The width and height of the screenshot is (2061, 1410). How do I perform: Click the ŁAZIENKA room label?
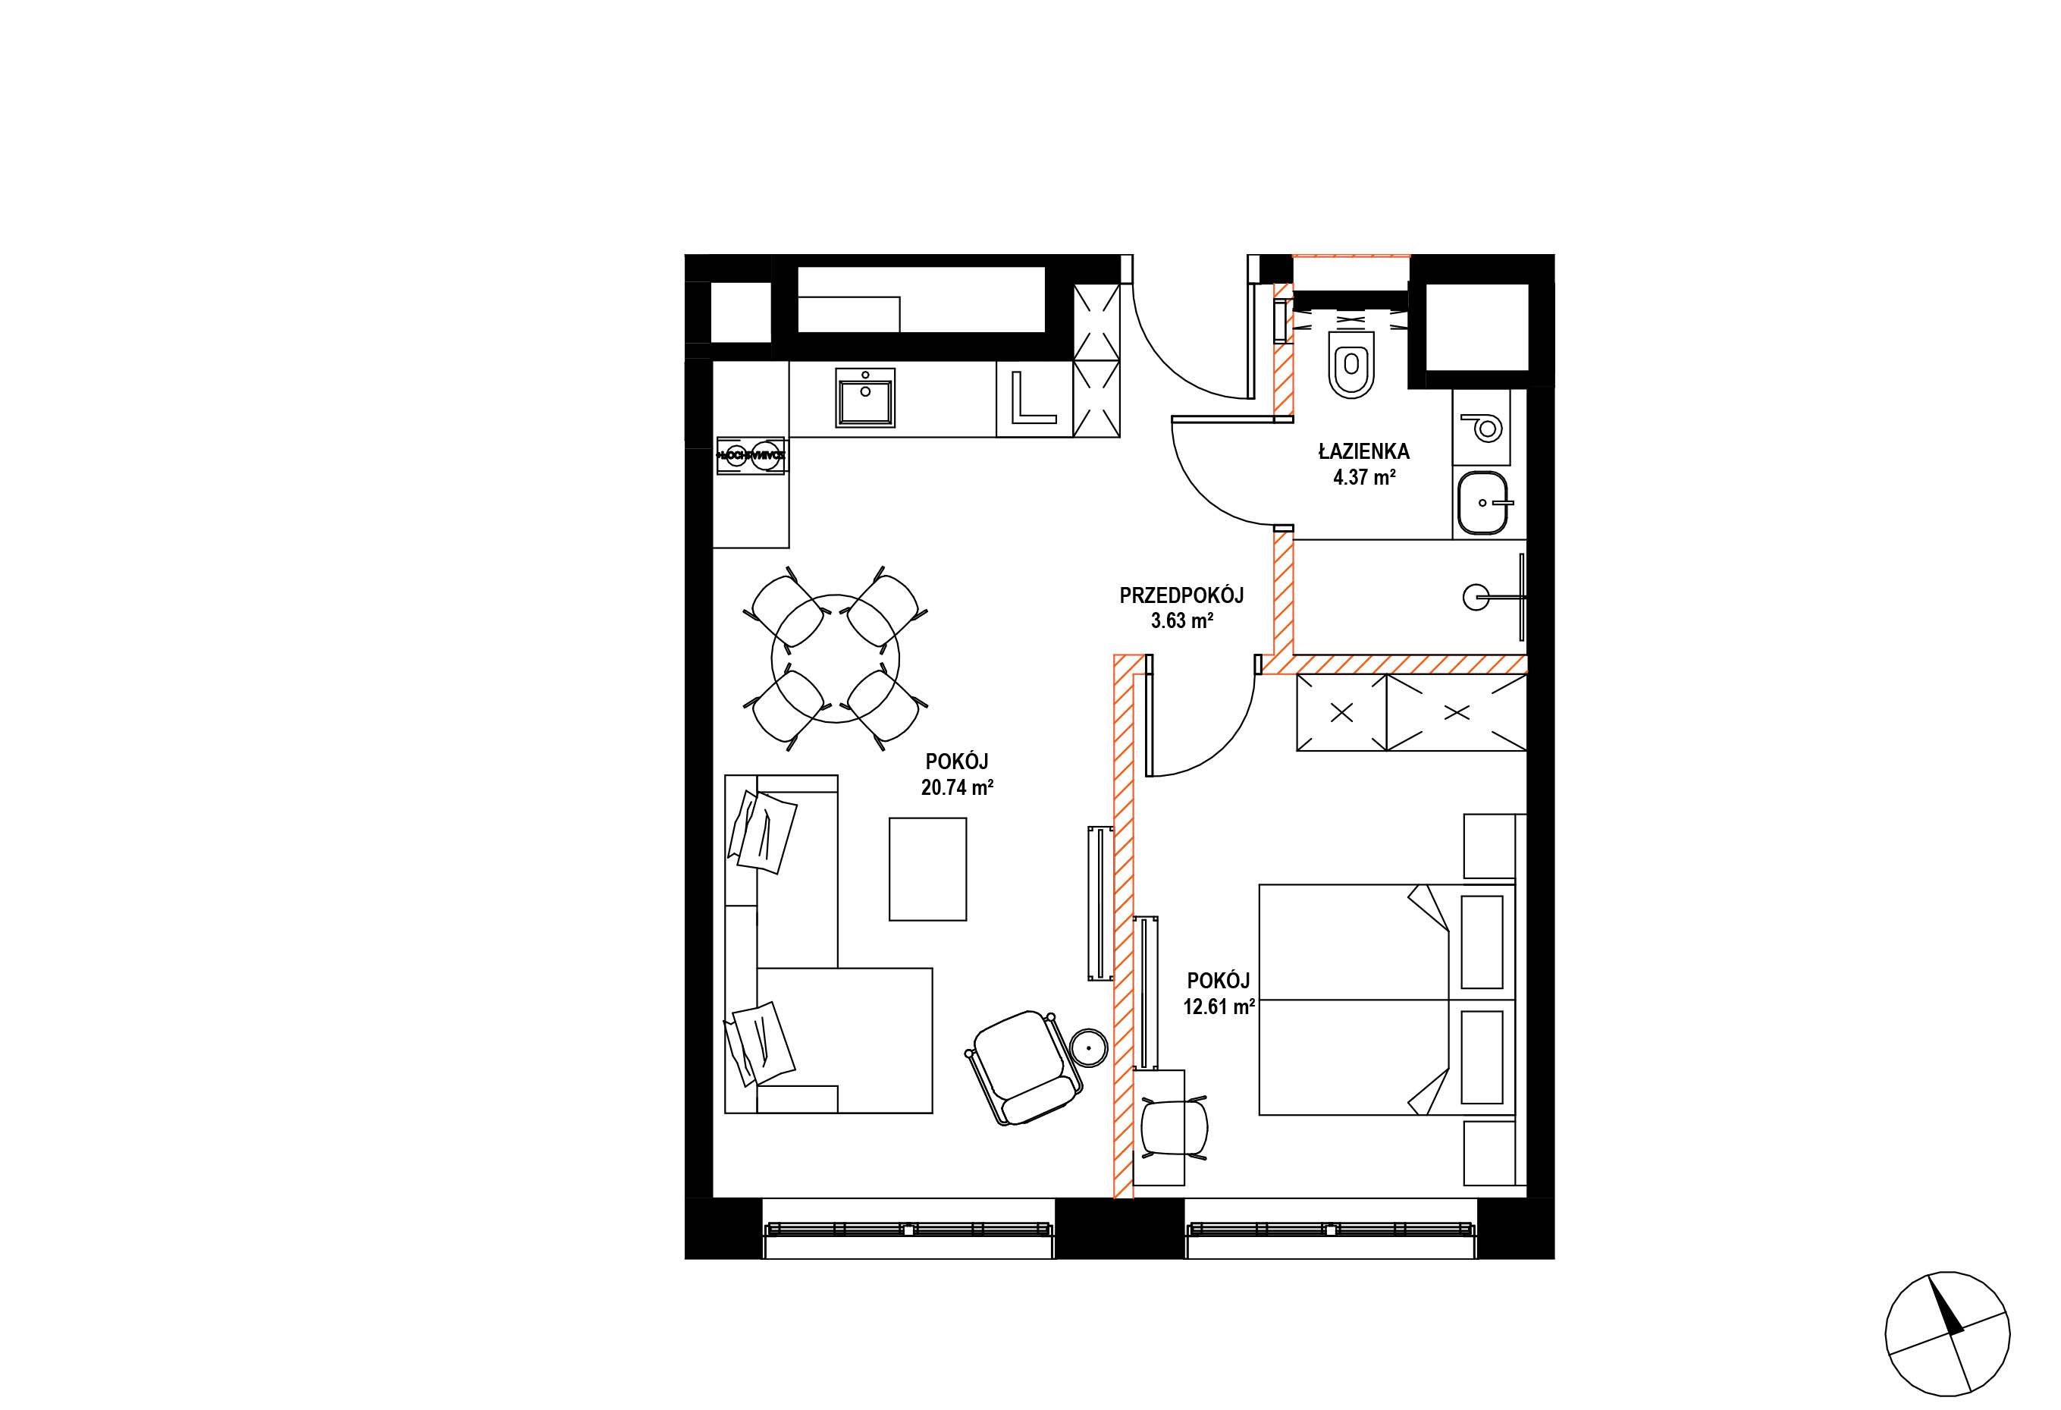[x=1363, y=451]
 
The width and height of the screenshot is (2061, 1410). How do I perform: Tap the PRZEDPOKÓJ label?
[x=1181, y=595]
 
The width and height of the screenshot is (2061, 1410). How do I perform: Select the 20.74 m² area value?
[x=957, y=787]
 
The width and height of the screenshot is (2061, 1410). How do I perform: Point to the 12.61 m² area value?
[x=1219, y=1006]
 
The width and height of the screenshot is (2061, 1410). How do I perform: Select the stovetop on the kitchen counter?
[x=750, y=455]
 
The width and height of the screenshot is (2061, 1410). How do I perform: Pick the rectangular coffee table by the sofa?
[x=927, y=869]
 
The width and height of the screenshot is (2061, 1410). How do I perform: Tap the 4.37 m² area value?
[x=1365, y=478]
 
